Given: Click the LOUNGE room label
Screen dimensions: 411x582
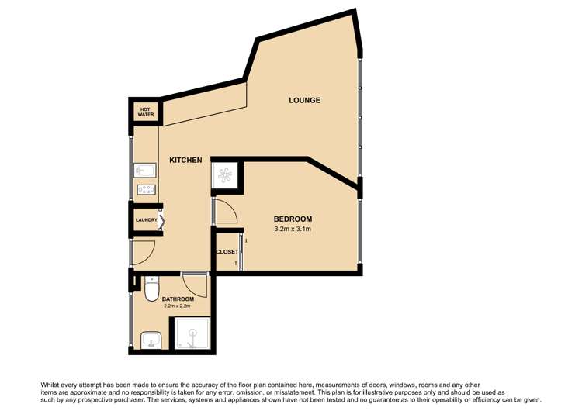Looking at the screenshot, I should [x=304, y=101].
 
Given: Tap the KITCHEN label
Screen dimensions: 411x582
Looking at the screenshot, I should [x=185, y=161].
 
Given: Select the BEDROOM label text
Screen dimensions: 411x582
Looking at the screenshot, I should [x=293, y=219].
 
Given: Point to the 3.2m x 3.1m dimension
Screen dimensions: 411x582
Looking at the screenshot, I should [x=293, y=229].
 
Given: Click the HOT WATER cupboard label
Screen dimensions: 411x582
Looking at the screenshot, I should [x=146, y=112].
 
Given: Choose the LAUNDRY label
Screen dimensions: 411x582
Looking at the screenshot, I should [x=147, y=220].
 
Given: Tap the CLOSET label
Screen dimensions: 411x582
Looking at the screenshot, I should [x=227, y=252].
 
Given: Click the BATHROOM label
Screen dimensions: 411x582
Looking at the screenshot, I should [x=177, y=299].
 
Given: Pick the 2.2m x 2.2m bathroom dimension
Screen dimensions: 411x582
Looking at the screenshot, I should [x=177, y=307].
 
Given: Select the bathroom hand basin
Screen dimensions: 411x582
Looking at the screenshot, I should [x=151, y=338].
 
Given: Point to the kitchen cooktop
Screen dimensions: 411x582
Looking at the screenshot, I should [x=145, y=190].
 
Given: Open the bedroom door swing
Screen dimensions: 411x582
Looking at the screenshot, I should [x=225, y=211].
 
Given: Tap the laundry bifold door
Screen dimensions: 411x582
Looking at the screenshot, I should [x=161, y=220].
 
